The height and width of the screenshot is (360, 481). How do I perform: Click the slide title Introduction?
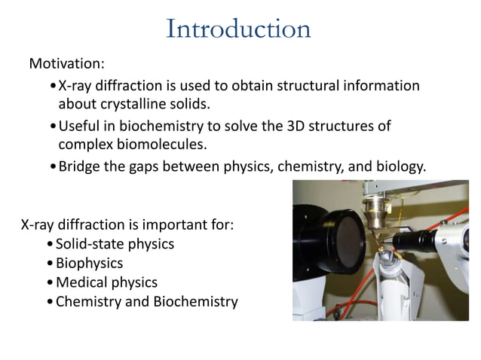click(238, 29)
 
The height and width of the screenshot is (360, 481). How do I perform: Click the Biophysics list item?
click(89, 264)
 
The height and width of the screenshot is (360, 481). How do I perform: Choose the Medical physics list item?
click(106, 283)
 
